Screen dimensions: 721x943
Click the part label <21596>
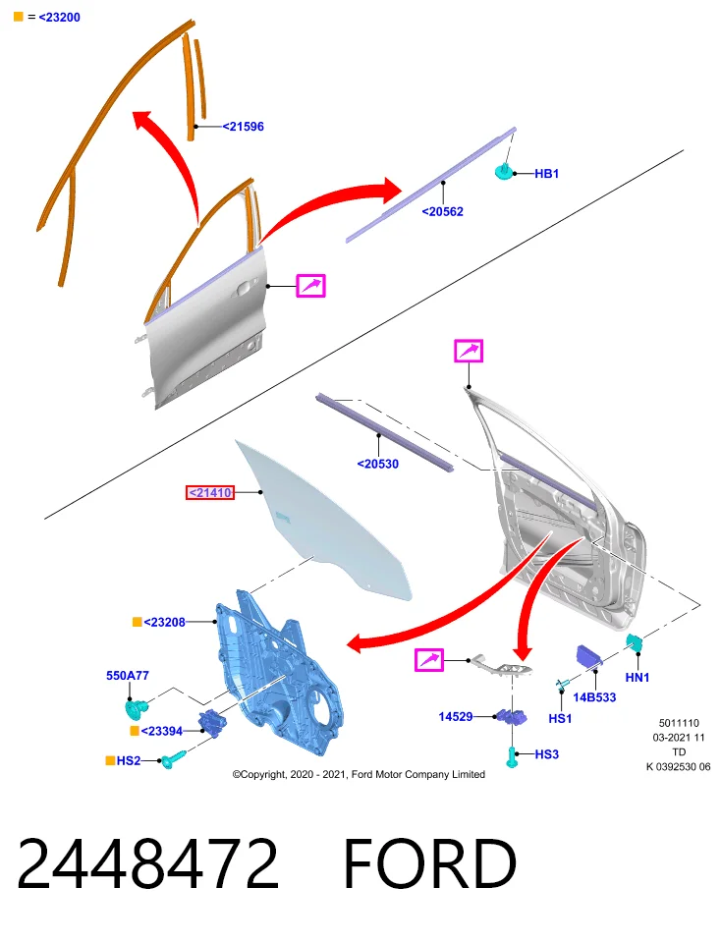click(243, 127)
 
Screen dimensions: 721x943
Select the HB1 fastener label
click(546, 173)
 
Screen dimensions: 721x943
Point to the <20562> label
click(443, 212)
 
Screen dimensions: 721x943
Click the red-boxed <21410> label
click(210, 492)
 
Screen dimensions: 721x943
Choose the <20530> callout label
click(377, 464)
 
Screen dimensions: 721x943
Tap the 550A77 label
click(128, 676)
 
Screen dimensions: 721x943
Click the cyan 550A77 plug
click(136, 708)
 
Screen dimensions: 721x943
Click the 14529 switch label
click(455, 716)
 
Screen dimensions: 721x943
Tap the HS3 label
click(546, 754)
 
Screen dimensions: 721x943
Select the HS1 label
click(560, 718)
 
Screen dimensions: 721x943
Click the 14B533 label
click(594, 697)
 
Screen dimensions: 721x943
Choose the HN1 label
click(638, 677)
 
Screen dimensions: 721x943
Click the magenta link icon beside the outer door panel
click(310, 286)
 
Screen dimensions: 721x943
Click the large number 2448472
click(148, 863)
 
